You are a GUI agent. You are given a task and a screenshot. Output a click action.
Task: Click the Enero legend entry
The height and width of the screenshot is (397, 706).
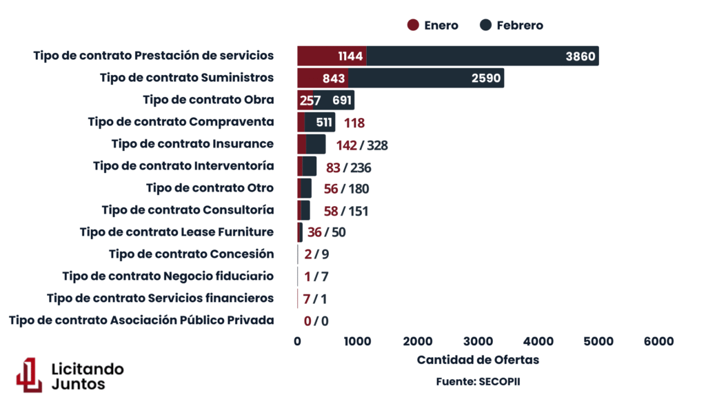(x=433, y=26)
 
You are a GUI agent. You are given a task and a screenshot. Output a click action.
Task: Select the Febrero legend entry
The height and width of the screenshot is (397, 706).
(x=511, y=26)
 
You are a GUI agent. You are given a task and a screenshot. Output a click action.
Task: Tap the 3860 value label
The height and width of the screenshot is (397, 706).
(x=580, y=57)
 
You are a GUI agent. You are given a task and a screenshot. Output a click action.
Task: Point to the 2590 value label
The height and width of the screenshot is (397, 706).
(x=486, y=79)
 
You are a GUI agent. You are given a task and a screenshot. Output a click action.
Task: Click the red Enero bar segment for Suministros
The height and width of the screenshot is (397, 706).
(x=323, y=79)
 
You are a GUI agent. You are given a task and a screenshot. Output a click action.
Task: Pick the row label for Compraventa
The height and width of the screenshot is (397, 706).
(x=181, y=122)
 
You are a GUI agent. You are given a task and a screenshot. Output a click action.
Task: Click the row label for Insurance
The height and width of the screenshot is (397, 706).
(x=192, y=144)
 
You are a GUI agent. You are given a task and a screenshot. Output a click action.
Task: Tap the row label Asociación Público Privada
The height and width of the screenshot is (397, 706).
(x=141, y=320)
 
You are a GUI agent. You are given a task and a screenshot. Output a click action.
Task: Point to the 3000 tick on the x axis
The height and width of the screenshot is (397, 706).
(x=478, y=341)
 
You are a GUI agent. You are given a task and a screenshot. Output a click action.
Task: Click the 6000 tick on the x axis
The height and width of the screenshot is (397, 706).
(x=659, y=341)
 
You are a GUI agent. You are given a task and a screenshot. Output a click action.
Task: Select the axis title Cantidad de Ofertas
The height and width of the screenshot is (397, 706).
(x=478, y=360)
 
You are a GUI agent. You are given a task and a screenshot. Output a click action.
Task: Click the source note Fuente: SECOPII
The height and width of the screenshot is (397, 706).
(x=478, y=381)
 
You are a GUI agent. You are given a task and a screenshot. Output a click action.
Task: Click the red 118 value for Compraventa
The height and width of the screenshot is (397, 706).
(x=354, y=123)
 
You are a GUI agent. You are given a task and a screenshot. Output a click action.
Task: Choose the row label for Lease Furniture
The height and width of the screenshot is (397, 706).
(x=176, y=232)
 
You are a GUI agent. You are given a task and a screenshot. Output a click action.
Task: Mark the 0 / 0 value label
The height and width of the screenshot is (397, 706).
(x=316, y=320)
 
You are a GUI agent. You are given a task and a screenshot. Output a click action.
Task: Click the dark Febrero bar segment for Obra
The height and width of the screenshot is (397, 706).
(x=334, y=101)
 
